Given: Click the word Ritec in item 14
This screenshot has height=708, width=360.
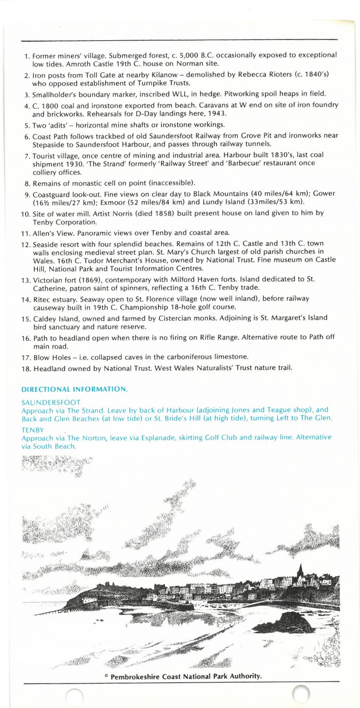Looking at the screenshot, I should [x=42, y=299].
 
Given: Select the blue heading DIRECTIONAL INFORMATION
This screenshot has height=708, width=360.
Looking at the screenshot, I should [x=75, y=389].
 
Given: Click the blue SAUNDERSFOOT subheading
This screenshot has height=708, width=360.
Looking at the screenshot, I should [x=51, y=402].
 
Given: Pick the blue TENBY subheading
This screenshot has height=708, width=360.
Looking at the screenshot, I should [x=33, y=430].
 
